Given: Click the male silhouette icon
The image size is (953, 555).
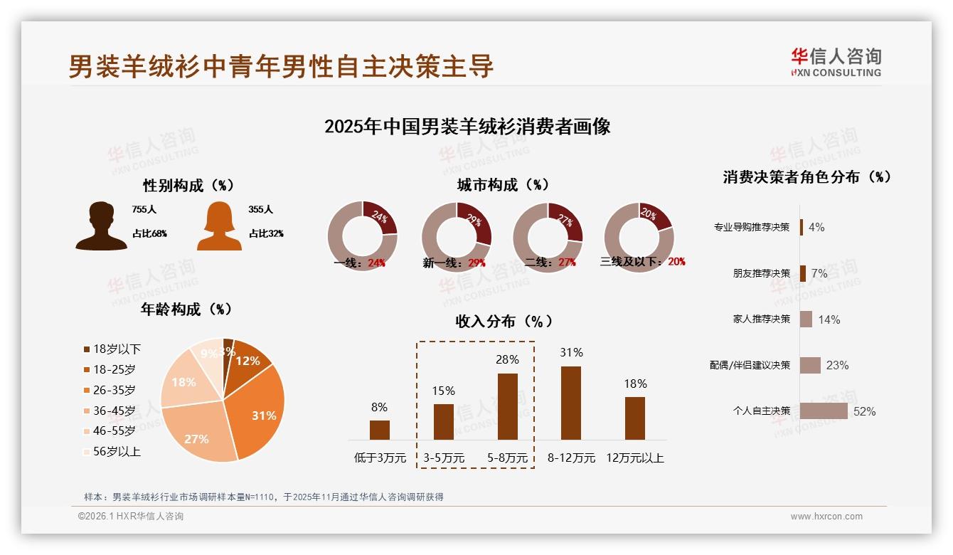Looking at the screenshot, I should (x=101, y=226).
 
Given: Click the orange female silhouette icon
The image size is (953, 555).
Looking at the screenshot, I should (x=218, y=226).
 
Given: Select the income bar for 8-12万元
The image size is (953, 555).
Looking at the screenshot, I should (x=571, y=403).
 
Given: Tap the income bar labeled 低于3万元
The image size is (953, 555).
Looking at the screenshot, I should (x=380, y=430).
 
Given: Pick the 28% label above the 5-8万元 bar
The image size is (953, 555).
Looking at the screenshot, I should (x=507, y=360).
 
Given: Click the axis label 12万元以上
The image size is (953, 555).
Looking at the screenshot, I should (x=634, y=458).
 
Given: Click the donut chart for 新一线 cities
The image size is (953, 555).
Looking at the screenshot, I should (x=457, y=237).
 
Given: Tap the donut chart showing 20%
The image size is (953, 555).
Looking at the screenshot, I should (x=639, y=237).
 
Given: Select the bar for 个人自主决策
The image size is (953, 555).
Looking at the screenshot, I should (x=824, y=411).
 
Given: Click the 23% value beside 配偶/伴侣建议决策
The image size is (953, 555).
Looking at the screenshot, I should (x=837, y=365).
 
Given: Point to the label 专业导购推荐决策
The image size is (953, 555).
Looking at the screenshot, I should (x=752, y=227).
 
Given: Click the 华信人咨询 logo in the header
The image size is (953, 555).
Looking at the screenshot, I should (x=836, y=62).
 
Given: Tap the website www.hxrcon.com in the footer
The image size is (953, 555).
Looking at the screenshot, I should (x=826, y=517).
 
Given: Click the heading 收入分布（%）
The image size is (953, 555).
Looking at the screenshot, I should (x=504, y=321).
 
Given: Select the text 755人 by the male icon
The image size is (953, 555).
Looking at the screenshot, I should (x=144, y=210).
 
